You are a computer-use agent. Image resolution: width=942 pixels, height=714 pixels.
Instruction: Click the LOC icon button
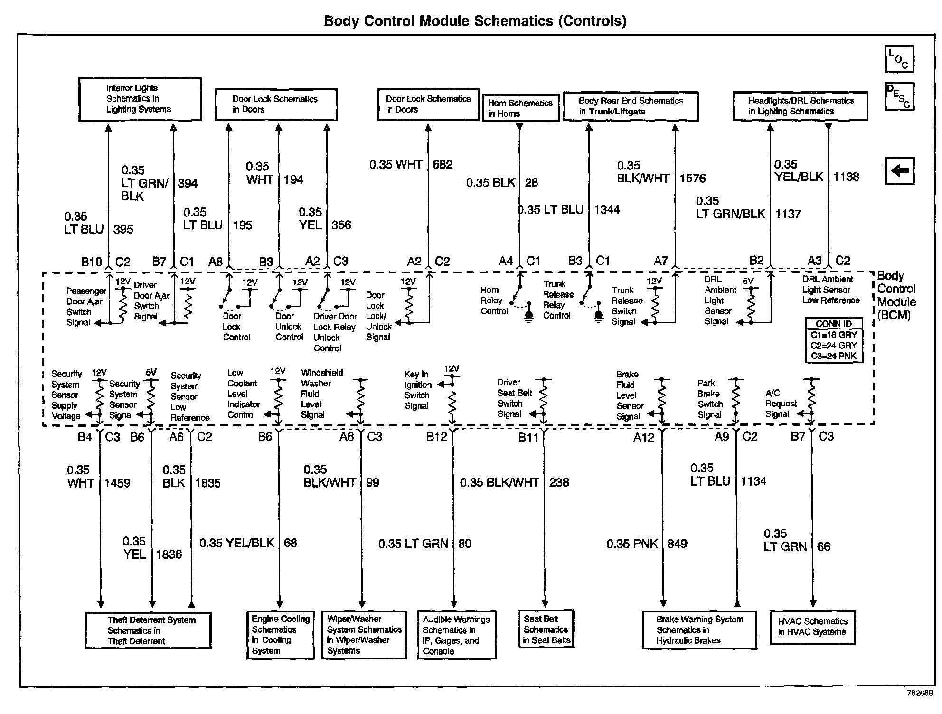click(x=899, y=59)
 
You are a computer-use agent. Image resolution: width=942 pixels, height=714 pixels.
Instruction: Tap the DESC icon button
click(x=899, y=96)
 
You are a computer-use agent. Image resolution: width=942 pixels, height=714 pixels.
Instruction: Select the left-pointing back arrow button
click(x=899, y=170)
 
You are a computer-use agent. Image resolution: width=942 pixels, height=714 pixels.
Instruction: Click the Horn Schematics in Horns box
click(x=520, y=108)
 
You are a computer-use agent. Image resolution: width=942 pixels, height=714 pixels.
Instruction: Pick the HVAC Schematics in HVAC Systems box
click(x=812, y=627)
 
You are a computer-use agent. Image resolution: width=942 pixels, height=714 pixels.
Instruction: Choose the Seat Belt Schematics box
click(x=546, y=629)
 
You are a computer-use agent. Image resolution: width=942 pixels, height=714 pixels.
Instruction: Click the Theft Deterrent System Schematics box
click(x=148, y=630)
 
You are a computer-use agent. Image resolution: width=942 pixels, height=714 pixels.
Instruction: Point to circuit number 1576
click(x=693, y=178)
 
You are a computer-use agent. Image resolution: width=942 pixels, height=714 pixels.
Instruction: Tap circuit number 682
click(x=443, y=165)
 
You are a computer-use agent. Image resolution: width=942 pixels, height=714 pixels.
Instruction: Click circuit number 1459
click(x=117, y=483)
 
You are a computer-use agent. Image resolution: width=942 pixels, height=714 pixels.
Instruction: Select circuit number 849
click(x=677, y=544)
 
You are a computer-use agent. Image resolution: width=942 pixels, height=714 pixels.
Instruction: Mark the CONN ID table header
click(x=834, y=324)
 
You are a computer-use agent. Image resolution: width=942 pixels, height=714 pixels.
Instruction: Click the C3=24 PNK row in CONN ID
click(x=834, y=356)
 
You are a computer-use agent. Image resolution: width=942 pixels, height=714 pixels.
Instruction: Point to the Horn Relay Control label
click(x=494, y=301)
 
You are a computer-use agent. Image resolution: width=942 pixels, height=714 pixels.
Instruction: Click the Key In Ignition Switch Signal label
click(x=418, y=390)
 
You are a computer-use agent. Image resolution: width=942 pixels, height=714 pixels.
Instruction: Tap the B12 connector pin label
click(x=436, y=437)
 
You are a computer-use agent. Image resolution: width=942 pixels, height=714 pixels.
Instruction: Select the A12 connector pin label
click(x=643, y=437)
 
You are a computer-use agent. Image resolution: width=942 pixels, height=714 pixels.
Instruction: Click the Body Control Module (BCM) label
click(x=896, y=295)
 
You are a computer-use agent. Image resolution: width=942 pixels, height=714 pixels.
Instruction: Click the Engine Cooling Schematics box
click(x=280, y=635)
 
